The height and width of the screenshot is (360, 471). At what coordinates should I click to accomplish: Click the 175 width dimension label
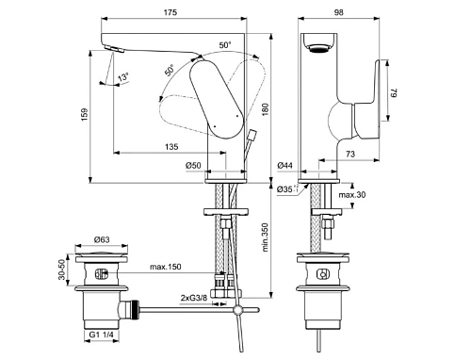coord(171,12)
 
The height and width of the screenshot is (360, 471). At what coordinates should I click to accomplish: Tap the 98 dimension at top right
coord(339,12)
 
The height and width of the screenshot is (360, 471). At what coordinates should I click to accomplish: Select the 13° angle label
coord(123,76)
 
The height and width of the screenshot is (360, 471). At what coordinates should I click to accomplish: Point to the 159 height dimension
coord(84,115)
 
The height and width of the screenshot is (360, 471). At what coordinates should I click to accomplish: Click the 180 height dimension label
coord(266,109)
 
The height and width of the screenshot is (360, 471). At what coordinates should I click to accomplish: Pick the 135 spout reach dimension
coord(171,147)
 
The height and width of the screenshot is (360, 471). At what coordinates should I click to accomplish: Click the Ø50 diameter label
coord(193,165)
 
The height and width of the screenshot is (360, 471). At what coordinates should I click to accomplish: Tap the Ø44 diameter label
coord(285,165)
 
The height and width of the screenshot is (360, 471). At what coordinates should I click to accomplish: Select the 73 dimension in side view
coord(350,154)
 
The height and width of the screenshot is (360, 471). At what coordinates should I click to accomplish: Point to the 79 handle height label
coord(394,93)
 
